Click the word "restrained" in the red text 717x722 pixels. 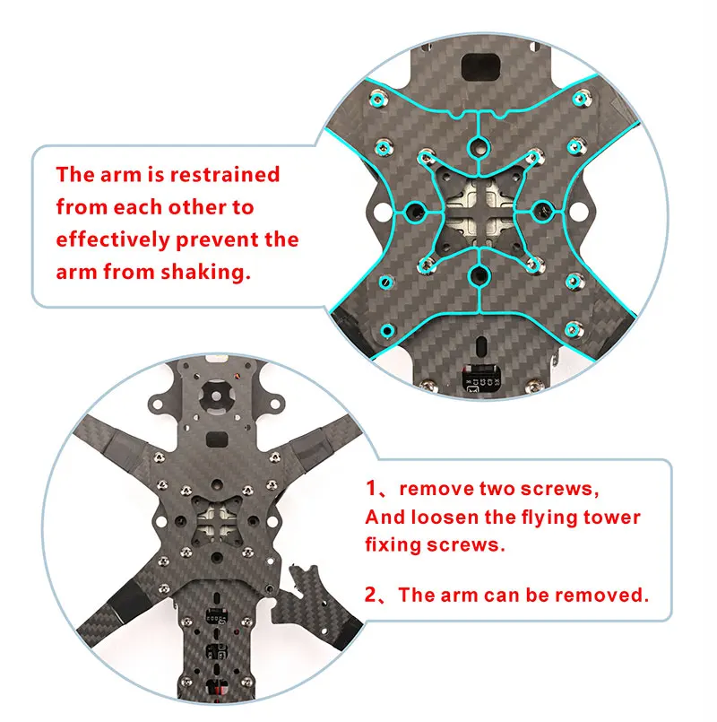pyautogui.click(x=225, y=175)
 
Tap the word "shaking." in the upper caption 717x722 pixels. pyautogui.click(x=206, y=272)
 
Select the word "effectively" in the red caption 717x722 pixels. pyautogui.click(x=113, y=239)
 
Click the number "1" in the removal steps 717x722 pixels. pyautogui.click(x=371, y=488)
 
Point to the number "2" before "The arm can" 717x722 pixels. pyautogui.click(x=370, y=595)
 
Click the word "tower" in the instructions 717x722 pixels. pyautogui.click(x=611, y=518)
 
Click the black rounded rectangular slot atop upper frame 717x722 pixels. pyautogui.click(x=480, y=66)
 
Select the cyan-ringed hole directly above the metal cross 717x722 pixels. pyautogui.click(x=479, y=148)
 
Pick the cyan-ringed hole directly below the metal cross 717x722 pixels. pyautogui.click(x=479, y=276)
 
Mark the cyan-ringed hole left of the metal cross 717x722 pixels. pyautogui.click(x=416, y=213)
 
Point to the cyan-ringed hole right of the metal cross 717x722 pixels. pyautogui.click(x=543, y=212)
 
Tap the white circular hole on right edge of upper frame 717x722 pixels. pyautogui.click(x=575, y=212)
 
